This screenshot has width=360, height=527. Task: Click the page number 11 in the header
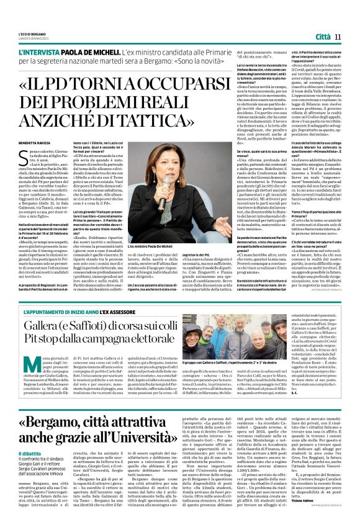[x=338, y=37]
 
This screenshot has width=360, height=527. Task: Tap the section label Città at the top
[x=323, y=37]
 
